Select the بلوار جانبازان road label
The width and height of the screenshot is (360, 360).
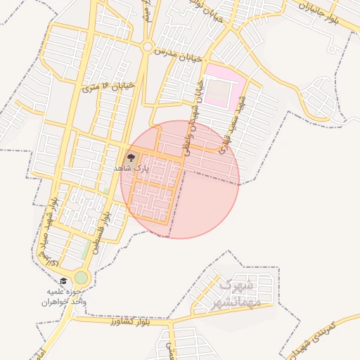pos(326,13)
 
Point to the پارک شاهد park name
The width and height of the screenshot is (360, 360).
pos(131,169)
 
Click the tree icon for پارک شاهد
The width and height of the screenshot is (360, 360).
pos(131,157)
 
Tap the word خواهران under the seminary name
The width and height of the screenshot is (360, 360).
pos(56,301)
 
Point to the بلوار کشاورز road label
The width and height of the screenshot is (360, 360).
pos(131,322)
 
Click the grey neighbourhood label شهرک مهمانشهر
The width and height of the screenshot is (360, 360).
pos(236,294)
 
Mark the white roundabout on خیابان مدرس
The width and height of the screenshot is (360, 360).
pos(147,47)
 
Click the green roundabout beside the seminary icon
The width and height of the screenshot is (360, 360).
pos(82,278)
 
